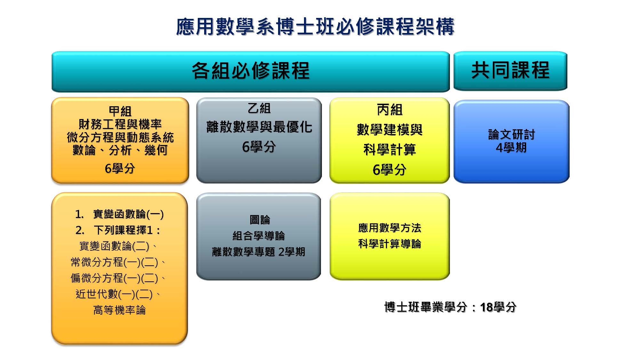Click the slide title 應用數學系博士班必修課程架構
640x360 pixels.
(x=315, y=26)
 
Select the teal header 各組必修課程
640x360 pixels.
(x=251, y=71)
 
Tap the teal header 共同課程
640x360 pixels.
(x=510, y=70)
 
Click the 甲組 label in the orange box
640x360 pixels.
(x=120, y=111)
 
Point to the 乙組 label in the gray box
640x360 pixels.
(x=259, y=108)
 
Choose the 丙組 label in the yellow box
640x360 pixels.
(x=389, y=110)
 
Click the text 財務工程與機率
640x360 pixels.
(x=120, y=124)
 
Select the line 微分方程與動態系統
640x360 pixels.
(x=120, y=137)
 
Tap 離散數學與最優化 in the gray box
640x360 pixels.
(x=259, y=127)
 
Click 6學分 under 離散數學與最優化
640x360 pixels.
(x=259, y=147)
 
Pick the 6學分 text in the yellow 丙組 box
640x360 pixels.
(x=389, y=170)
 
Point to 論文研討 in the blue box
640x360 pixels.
(x=511, y=134)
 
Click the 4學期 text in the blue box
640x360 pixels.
(x=511, y=148)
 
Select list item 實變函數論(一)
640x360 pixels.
(x=128, y=214)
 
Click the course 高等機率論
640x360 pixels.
(x=119, y=310)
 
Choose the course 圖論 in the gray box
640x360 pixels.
(x=260, y=220)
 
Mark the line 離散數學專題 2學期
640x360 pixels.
(x=259, y=252)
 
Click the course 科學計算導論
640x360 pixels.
(x=389, y=244)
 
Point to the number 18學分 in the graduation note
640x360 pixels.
(x=498, y=307)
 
